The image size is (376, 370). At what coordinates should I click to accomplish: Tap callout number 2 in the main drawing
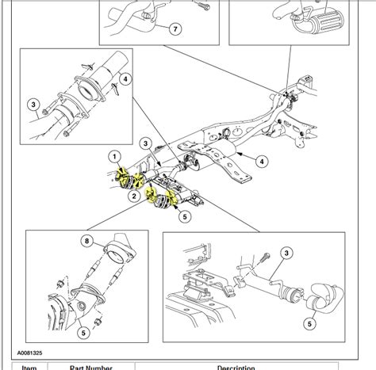click(x=135, y=195)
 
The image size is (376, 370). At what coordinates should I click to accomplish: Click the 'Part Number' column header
click(x=92, y=367)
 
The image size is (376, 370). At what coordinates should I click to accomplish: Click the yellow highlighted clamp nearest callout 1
click(x=124, y=176)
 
